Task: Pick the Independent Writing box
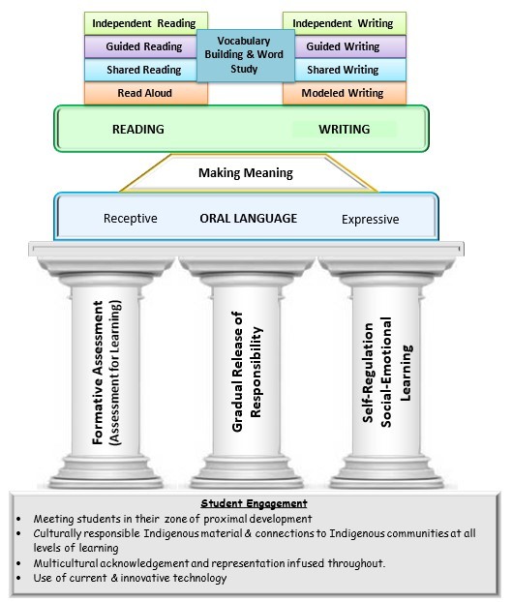(x=345, y=22)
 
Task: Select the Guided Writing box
(x=345, y=46)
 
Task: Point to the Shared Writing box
(x=345, y=70)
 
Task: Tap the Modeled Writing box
(x=345, y=94)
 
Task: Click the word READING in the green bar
(x=138, y=129)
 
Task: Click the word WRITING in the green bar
(x=346, y=129)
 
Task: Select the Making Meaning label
(x=245, y=173)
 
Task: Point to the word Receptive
(x=130, y=219)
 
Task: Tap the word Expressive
(x=370, y=220)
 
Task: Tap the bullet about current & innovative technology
(x=130, y=578)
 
